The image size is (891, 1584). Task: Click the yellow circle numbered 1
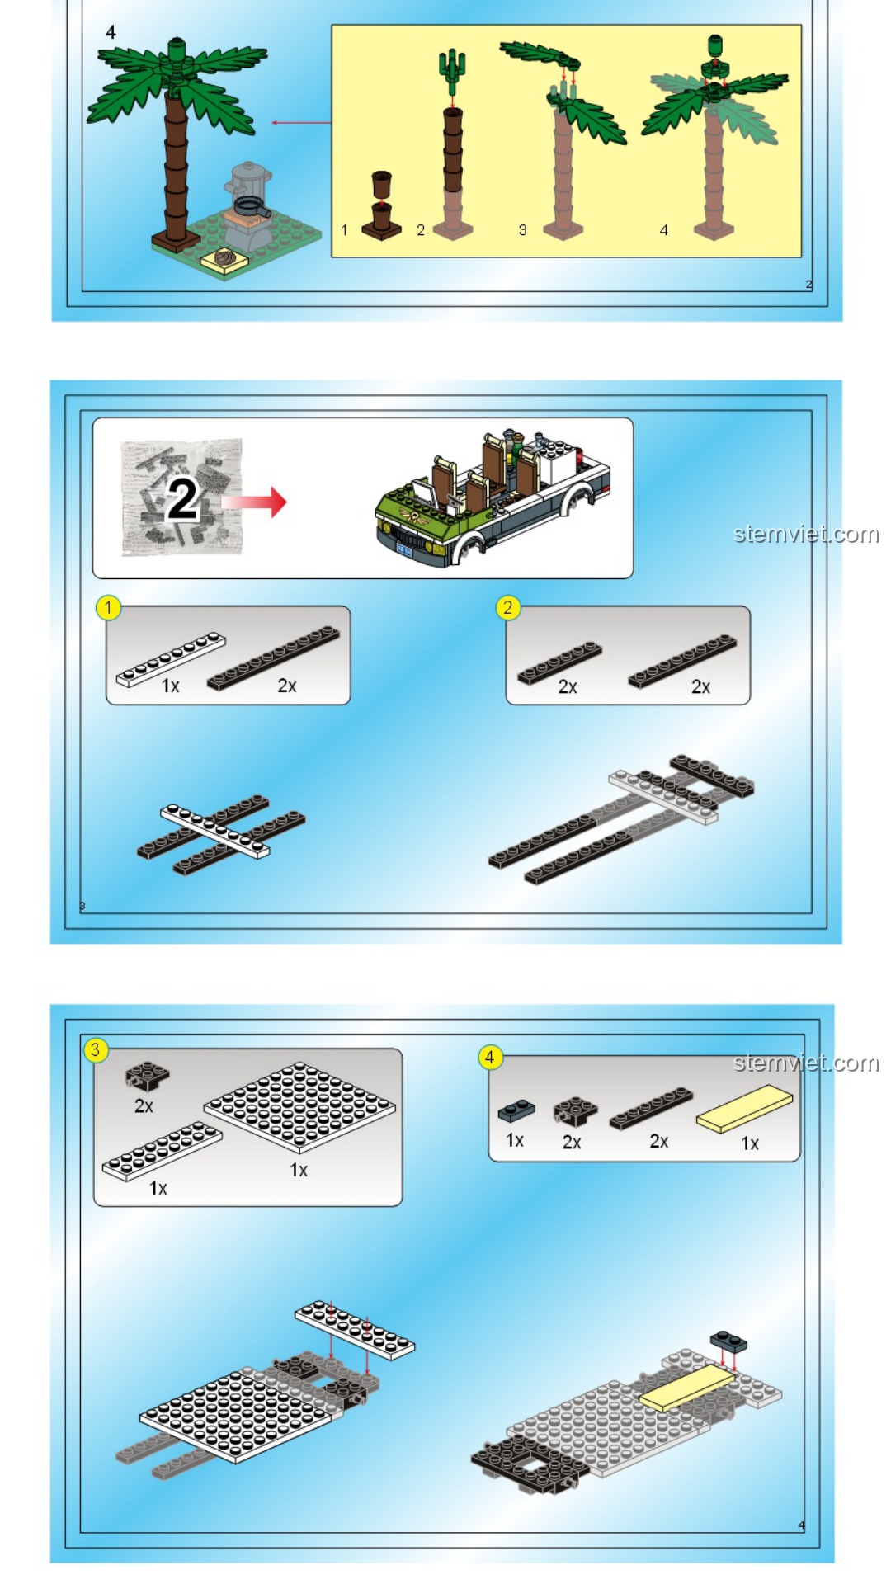tap(108, 608)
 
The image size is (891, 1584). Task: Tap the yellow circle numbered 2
tap(507, 608)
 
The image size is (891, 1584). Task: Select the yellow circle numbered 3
tap(96, 1050)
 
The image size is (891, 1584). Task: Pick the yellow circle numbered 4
tap(490, 1057)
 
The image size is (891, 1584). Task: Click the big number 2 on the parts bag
tap(183, 499)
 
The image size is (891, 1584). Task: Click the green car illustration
tap(493, 497)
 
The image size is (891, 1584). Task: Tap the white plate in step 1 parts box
tap(171, 659)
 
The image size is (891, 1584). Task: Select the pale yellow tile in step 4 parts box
tap(744, 1109)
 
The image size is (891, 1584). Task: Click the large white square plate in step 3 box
tap(299, 1107)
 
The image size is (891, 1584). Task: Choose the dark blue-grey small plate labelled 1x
tap(516, 1111)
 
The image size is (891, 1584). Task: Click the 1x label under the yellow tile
tap(750, 1143)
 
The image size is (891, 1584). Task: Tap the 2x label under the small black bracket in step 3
tap(144, 1106)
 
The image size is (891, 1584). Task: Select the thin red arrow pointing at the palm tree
tap(301, 123)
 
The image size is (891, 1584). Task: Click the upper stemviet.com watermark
tap(806, 535)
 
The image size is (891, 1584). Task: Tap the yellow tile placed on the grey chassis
tap(687, 1387)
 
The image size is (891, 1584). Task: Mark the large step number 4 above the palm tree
tap(111, 32)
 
